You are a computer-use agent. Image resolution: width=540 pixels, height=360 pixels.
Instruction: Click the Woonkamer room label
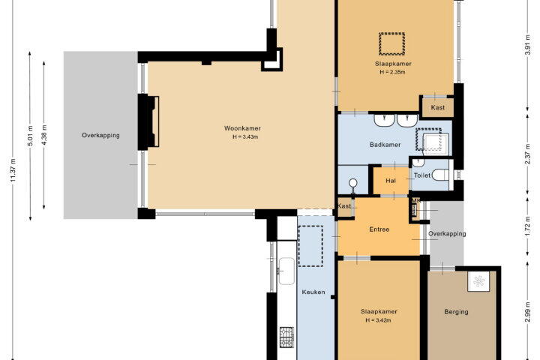point(242,128)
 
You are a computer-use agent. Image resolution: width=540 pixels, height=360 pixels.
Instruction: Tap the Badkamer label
point(385,145)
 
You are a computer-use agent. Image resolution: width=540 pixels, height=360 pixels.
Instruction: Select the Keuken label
point(313,292)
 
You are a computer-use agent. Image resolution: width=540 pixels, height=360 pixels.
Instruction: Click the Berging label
point(456,312)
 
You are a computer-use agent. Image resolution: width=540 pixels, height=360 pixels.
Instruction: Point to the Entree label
point(379,229)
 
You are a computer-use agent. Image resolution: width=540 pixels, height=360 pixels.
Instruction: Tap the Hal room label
point(391,181)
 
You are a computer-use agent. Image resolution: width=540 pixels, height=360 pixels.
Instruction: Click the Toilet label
point(421,175)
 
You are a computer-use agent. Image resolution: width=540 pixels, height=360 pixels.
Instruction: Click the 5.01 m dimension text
point(30,136)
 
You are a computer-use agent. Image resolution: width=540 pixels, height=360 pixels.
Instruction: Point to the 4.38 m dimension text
point(44,135)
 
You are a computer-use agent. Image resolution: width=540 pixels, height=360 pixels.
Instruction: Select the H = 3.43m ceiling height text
point(245,136)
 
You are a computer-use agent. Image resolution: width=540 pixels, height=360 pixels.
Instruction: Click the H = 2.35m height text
point(392,72)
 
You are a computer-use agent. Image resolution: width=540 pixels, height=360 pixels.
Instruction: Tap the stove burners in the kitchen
point(286,337)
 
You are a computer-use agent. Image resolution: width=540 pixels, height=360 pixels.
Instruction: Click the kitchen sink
point(286,271)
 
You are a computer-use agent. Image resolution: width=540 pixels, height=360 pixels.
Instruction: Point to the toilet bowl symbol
point(441,175)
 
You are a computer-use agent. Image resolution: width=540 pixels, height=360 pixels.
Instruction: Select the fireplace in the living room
point(149,122)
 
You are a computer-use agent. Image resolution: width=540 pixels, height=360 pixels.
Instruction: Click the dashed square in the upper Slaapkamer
point(392,43)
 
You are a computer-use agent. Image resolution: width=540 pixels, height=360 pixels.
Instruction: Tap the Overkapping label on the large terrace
point(100,136)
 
